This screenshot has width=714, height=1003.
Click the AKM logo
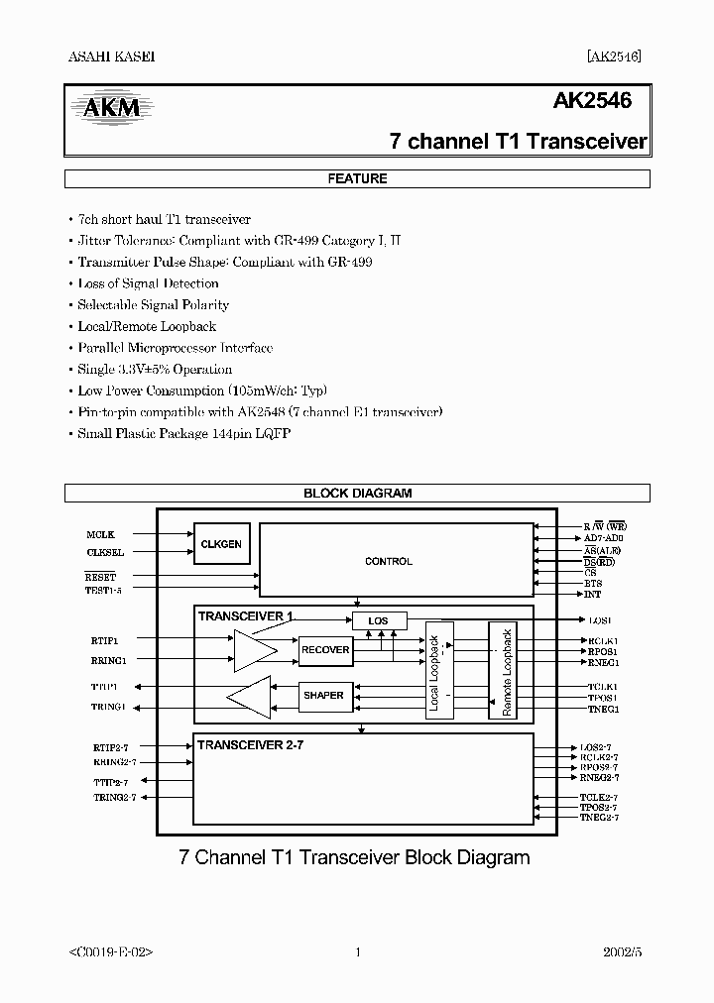(110, 106)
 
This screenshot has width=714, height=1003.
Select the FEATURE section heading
(357, 179)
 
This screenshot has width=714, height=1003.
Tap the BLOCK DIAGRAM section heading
(357, 493)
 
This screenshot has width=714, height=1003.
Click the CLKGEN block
(221, 544)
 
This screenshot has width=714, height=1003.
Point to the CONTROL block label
(389, 562)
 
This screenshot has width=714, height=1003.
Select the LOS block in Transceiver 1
(379, 621)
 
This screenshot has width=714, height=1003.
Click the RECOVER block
(325, 650)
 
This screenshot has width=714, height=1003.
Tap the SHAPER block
(323, 696)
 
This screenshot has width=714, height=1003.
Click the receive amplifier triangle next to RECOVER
(254, 650)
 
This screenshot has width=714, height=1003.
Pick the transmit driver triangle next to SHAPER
(251, 697)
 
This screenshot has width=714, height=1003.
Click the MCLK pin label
(100, 535)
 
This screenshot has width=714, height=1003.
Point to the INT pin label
(592, 595)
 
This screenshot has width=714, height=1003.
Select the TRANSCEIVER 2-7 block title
(250, 744)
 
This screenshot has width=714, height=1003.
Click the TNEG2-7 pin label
(599, 818)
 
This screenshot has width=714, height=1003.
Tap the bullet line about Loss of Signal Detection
(148, 283)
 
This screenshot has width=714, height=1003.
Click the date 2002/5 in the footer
(622, 952)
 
